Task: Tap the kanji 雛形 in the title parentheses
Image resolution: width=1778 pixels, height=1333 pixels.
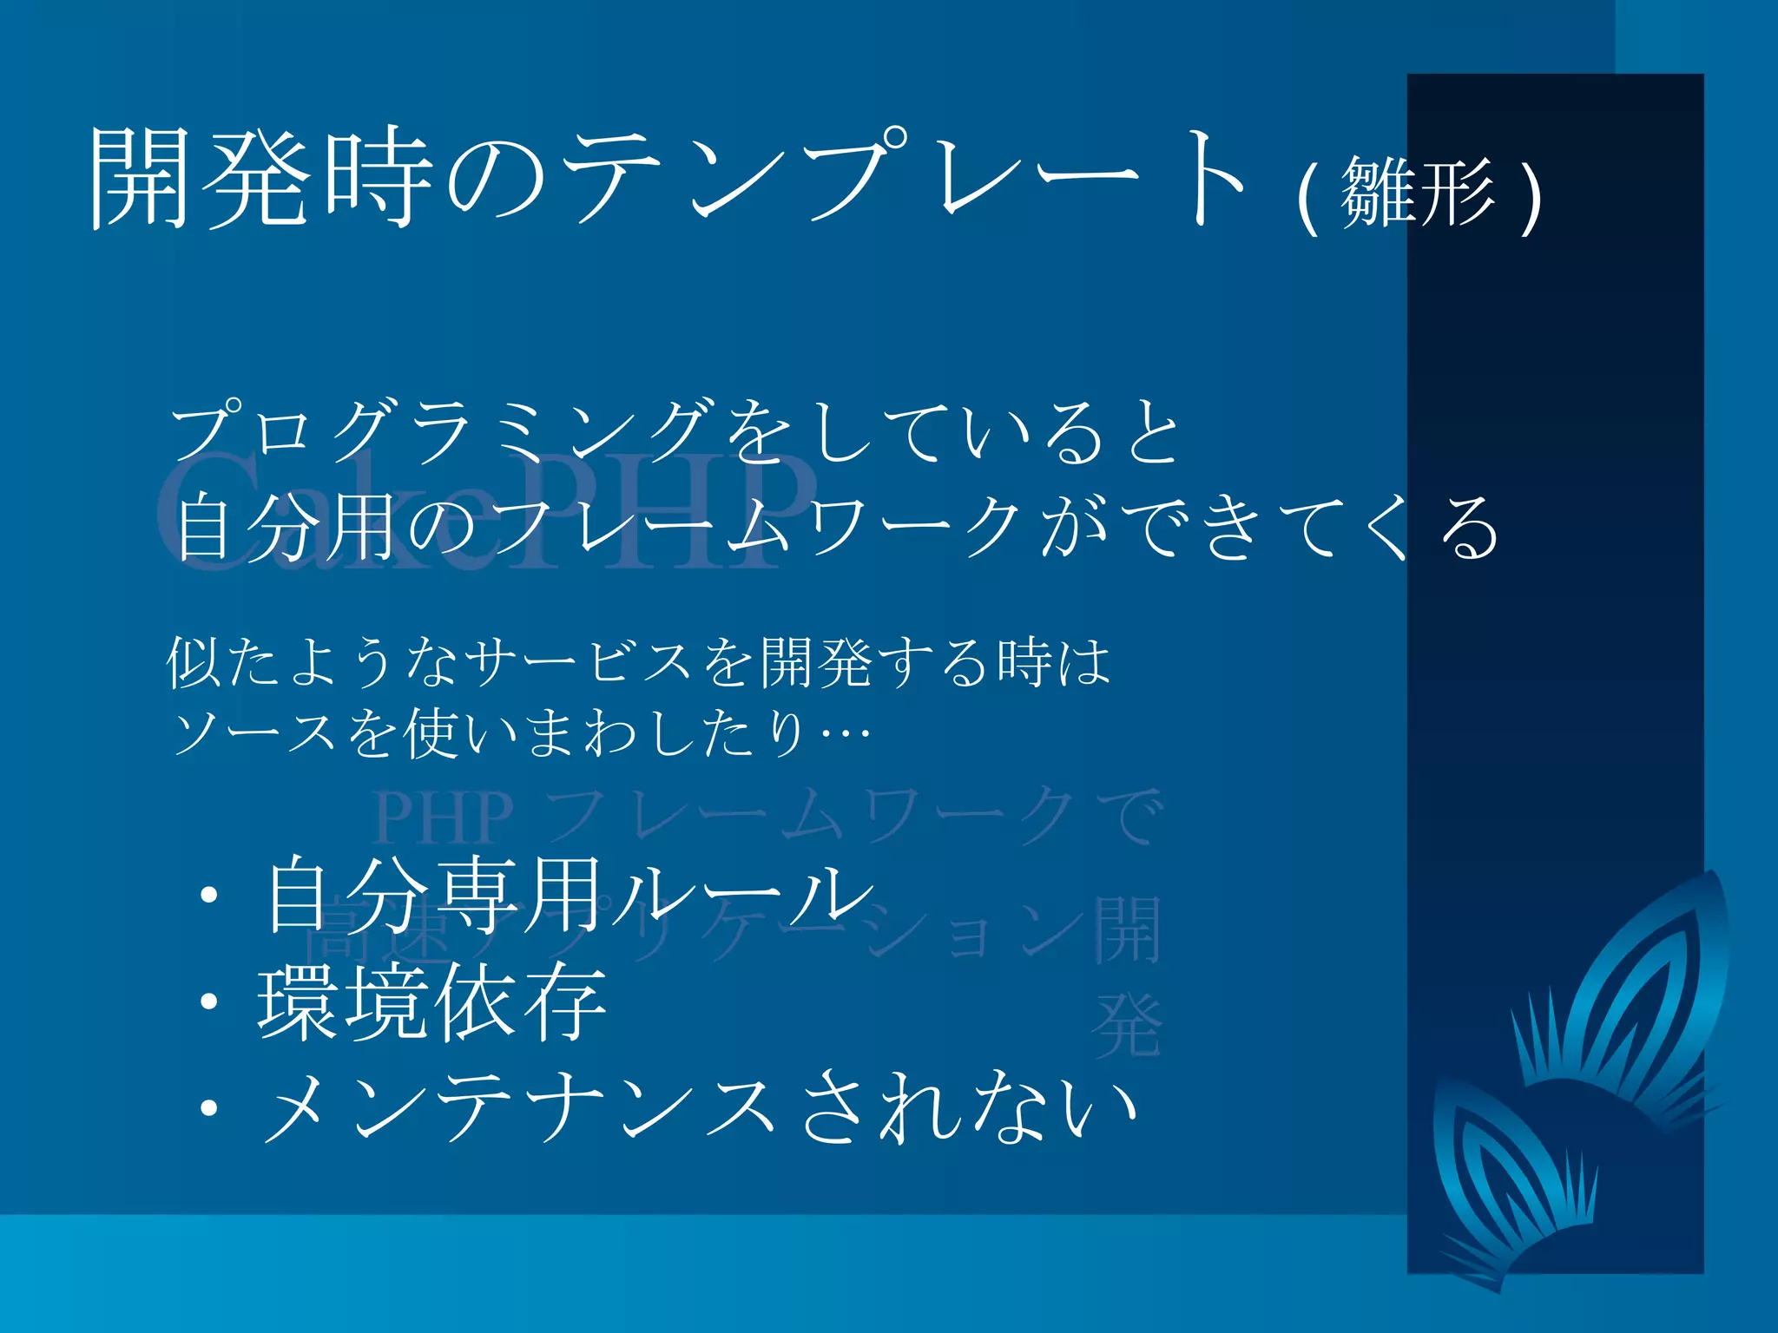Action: pos(1419,193)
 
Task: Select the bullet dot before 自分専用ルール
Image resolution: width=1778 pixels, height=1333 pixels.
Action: pos(208,896)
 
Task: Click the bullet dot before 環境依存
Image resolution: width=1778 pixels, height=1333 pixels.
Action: pos(208,1002)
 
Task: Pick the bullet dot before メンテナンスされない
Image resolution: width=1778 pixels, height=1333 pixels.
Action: pos(208,1108)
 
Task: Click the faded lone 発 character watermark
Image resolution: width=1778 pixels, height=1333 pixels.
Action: pos(1127,1026)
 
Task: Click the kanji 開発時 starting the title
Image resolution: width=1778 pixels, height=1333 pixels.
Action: pos(260,178)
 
